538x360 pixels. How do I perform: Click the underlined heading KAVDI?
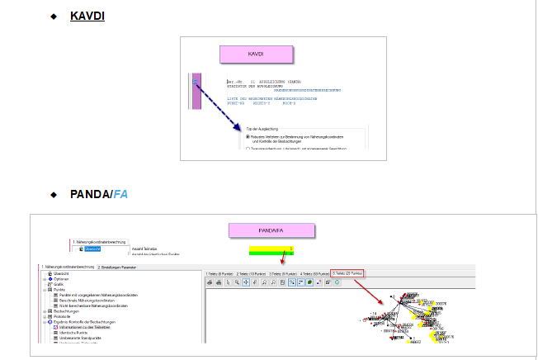87,16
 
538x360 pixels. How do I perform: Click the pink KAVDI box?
256,54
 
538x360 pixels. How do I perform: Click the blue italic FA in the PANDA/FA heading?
120,194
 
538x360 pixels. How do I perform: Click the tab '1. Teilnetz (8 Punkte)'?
219,272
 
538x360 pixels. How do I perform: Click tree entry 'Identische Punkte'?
76,333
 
